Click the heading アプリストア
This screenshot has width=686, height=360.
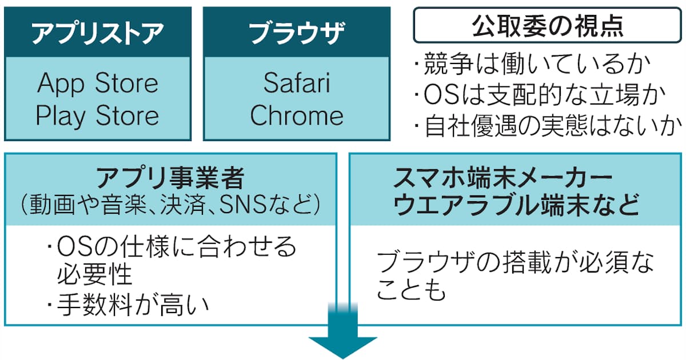click(98, 33)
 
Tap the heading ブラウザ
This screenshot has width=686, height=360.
click(297, 33)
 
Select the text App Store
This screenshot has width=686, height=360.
click(98, 83)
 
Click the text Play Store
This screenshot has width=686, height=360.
click(97, 115)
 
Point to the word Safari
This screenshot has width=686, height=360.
click(297, 83)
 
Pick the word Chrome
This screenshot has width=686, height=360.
click(297, 115)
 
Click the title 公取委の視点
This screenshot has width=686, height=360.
click(547, 26)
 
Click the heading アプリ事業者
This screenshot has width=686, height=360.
click(170, 178)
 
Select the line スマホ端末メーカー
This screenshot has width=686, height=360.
click(502, 178)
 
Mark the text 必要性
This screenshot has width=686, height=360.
click(94, 274)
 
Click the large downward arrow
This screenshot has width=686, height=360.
click(342, 331)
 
